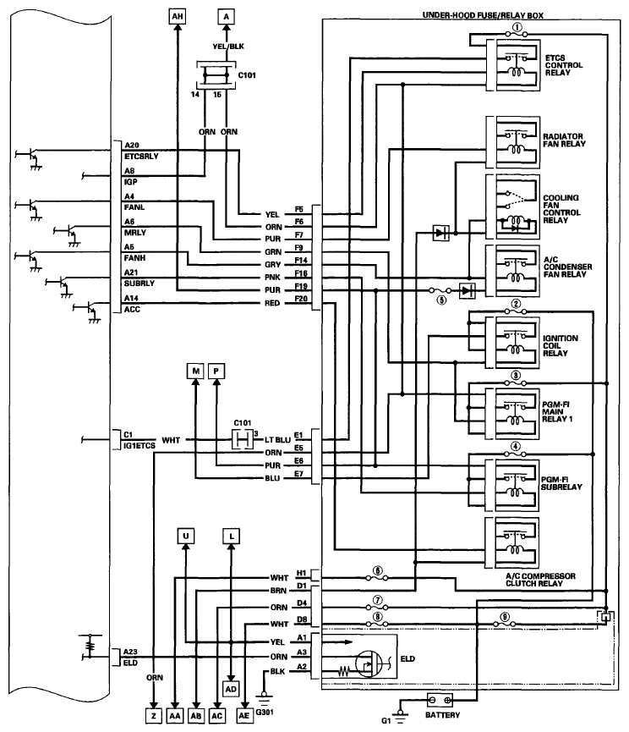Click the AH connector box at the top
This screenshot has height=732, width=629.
(176, 16)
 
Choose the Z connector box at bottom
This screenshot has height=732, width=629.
(153, 715)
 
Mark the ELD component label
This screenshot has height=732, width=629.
(411, 656)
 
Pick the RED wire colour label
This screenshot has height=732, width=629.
(272, 303)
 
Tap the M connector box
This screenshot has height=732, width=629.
(195, 372)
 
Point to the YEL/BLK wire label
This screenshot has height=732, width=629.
(226, 47)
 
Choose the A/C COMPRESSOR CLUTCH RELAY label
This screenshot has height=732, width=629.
(561, 580)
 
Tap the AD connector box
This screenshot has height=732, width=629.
(230, 689)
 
